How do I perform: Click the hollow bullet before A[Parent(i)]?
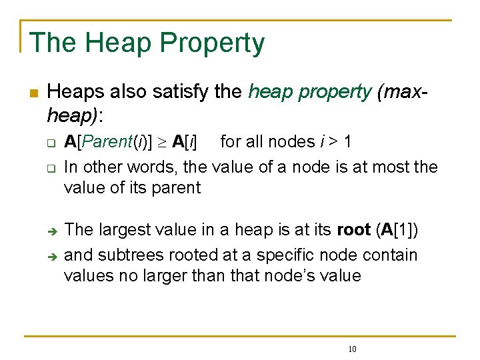[x=50, y=143]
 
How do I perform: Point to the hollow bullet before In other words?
[x=50, y=168]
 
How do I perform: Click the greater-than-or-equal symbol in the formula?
[x=162, y=142]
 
